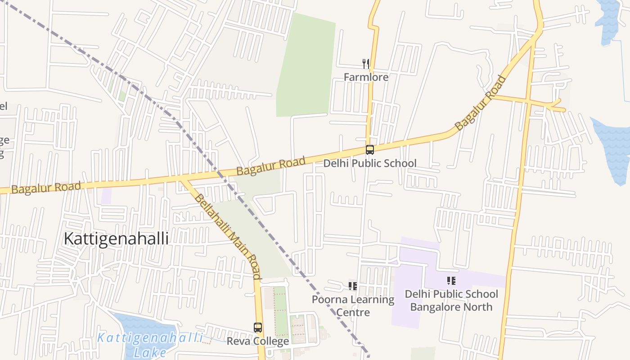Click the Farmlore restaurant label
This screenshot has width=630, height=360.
pyautogui.click(x=366, y=77)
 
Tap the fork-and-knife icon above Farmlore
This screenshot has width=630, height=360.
pyautogui.click(x=366, y=64)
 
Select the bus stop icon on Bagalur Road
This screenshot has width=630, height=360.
pyautogui.click(x=369, y=150)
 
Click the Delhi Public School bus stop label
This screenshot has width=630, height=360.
pyautogui.click(x=370, y=163)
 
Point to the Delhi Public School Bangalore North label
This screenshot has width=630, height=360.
pyautogui.click(x=451, y=300)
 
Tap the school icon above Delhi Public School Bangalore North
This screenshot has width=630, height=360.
pyautogui.click(x=451, y=281)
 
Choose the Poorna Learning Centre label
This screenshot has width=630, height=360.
pyautogui.click(x=353, y=306)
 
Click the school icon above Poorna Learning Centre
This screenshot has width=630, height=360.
pyautogui.click(x=353, y=286)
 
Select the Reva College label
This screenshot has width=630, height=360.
pyautogui.click(x=257, y=341)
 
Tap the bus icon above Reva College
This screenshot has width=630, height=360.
pyautogui.click(x=257, y=328)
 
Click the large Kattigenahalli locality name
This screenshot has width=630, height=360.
pyautogui.click(x=116, y=238)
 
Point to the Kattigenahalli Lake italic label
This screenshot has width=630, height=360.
pyautogui.click(x=150, y=345)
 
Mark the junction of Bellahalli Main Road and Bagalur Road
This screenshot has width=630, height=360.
pyautogui.click(x=182, y=180)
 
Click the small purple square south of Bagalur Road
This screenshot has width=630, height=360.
pyautogui.click(x=106, y=196)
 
